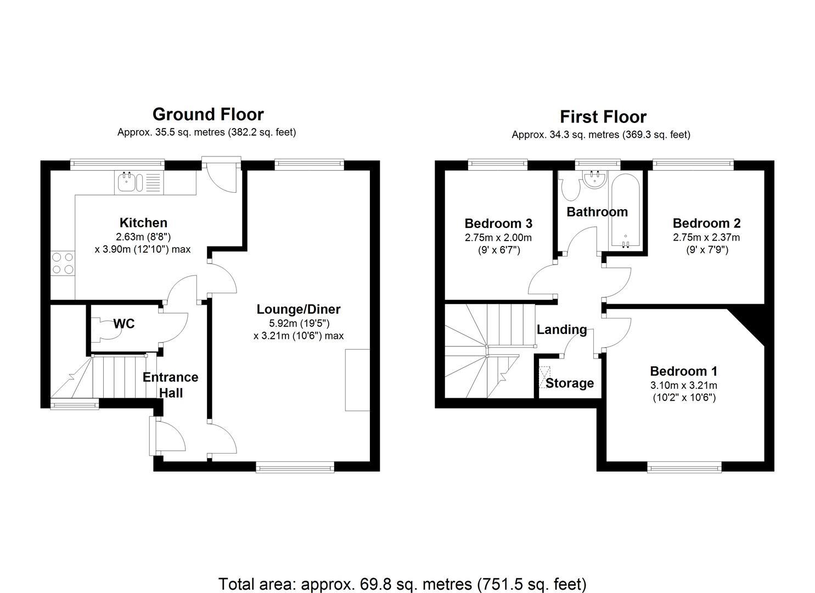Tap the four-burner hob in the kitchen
point(63,263)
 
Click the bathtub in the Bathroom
point(625,211)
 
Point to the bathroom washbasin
point(593,178)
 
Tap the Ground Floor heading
point(208,114)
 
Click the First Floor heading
point(603,116)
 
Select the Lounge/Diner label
point(299,309)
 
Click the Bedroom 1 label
point(683,371)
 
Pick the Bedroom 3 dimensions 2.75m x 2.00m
point(498,238)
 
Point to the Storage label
point(569,383)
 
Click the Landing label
point(561,329)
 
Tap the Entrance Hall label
point(170,385)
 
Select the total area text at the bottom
point(402,584)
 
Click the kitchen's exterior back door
point(222,175)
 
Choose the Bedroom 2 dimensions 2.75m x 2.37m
point(706,238)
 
